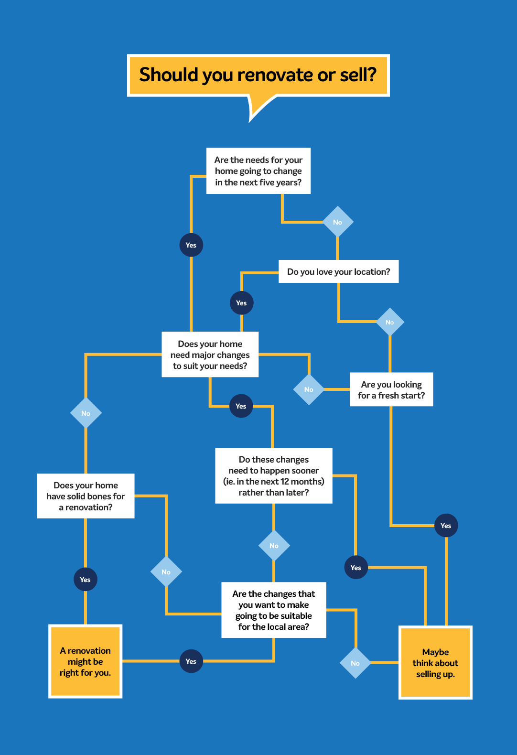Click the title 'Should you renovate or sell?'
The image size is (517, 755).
(258, 75)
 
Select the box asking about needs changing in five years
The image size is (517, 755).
(258, 171)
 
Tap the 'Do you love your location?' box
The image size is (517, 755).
(338, 271)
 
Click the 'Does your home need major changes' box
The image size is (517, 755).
(210, 355)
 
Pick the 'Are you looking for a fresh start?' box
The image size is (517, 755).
(391, 389)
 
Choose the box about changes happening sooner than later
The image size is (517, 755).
(273, 475)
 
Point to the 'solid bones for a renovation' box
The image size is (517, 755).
(86, 496)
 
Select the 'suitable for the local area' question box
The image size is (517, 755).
(273, 610)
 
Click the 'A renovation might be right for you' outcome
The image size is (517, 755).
(85, 661)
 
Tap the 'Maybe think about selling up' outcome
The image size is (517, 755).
(435, 663)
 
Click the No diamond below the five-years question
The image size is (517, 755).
(337, 222)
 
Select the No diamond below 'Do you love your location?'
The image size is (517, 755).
(390, 322)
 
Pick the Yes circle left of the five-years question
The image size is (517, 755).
(191, 245)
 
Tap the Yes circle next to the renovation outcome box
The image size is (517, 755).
(191, 661)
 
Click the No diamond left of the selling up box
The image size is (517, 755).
(355, 663)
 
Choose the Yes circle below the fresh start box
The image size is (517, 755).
(446, 526)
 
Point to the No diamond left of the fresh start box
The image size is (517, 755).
(309, 389)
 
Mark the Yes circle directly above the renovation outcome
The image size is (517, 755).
(85, 580)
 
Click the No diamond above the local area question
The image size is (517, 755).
(274, 546)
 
